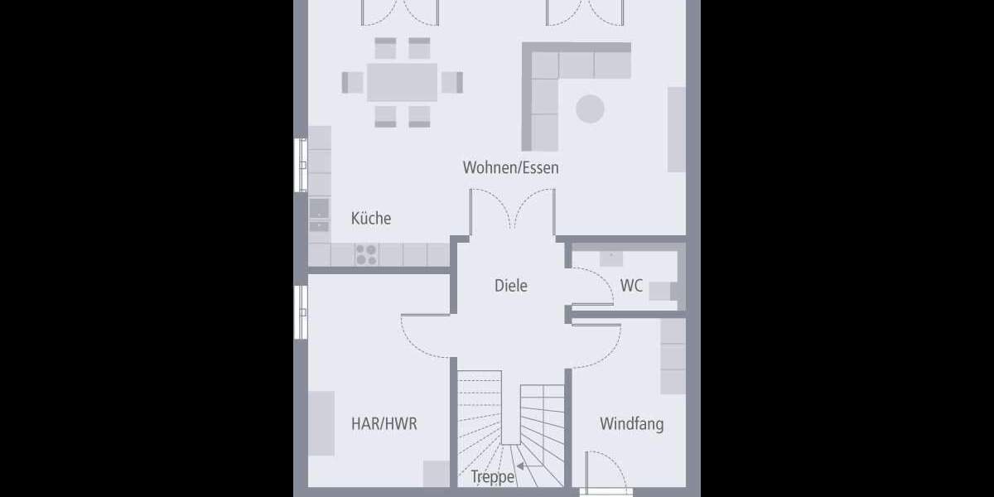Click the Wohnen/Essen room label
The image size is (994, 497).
tap(510, 168)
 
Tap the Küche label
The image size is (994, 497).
tap(370, 219)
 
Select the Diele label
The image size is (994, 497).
tap(510, 286)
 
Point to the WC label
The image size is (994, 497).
tap(631, 286)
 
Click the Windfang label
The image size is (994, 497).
tap(631, 424)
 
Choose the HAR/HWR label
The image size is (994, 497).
tap(384, 424)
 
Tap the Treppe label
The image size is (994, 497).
tap(493, 477)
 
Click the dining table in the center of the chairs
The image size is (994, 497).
tap(402, 82)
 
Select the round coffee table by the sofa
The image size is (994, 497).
tap(591, 109)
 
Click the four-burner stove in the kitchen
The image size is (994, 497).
tap(365, 254)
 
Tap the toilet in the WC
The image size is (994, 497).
tap(660, 291)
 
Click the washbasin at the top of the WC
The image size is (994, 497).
tap(611, 256)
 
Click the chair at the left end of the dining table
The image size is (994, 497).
tap(353, 82)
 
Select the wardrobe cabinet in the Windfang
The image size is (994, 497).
tap(673, 356)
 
